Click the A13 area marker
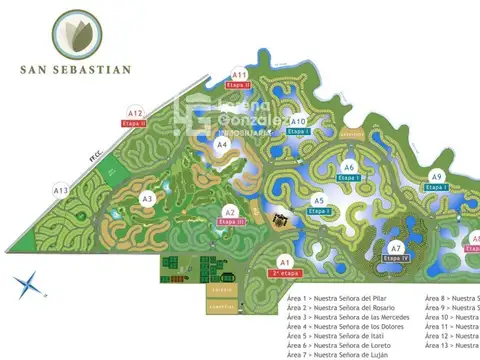coord(61,190)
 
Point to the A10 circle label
coord(297,121)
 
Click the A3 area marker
coord(147,199)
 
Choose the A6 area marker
coord(349,167)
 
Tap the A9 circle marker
coord(436,177)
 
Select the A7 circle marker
coord(396,247)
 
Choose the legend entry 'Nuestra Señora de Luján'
coord(337,354)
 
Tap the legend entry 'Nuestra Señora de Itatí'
coord(337,335)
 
